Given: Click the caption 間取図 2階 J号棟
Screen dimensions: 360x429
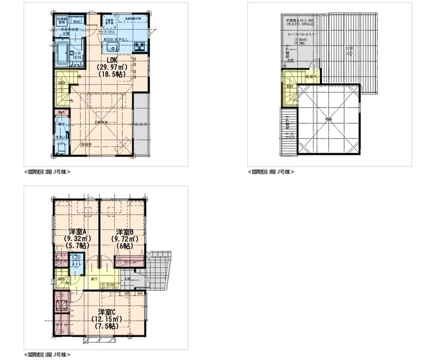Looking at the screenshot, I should tap(47, 172).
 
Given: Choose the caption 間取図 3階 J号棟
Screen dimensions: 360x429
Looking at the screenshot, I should tap(271, 172).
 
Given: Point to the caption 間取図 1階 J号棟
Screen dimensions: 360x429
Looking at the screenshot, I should tap(47, 355).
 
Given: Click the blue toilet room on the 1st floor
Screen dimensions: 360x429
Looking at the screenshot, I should tap(76, 262).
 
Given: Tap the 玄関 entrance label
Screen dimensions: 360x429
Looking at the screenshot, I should tap(128, 279).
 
